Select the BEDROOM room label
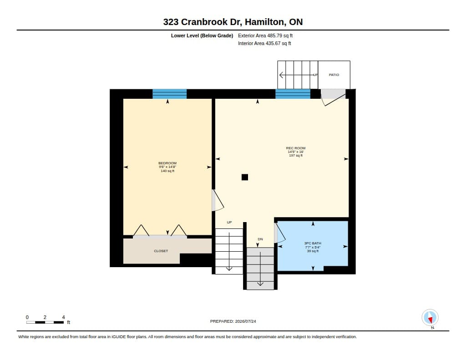click(x=167, y=163)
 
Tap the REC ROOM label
click(x=296, y=148)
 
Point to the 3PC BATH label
click(x=313, y=243)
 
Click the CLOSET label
click(x=161, y=251)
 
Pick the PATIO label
click(x=334, y=75)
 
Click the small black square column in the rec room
click(x=244, y=177)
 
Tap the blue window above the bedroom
click(x=170, y=94)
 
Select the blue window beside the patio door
click(x=293, y=94)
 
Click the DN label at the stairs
click(x=260, y=239)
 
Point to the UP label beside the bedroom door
click(x=229, y=223)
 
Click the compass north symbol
click(x=430, y=318)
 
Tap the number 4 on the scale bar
click(x=63, y=317)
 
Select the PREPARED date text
click(x=233, y=321)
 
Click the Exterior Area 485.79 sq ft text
click(x=265, y=35)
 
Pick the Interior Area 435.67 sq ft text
click(x=264, y=43)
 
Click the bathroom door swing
click(x=280, y=233)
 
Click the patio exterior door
click(x=334, y=97)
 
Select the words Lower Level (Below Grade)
click(x=202, y=35)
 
